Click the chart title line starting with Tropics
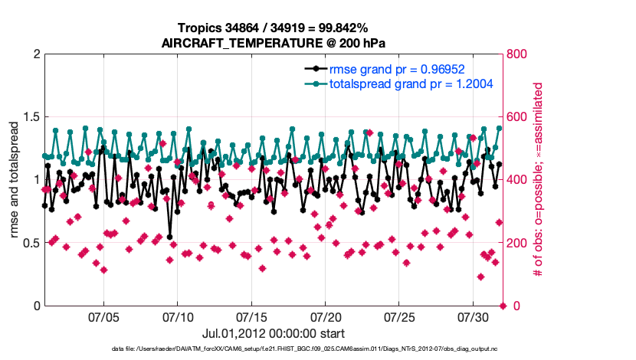tap(273, 28)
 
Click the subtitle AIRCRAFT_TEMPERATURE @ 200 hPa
tap(273, 43)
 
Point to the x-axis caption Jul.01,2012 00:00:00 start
tap(273, 333)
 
